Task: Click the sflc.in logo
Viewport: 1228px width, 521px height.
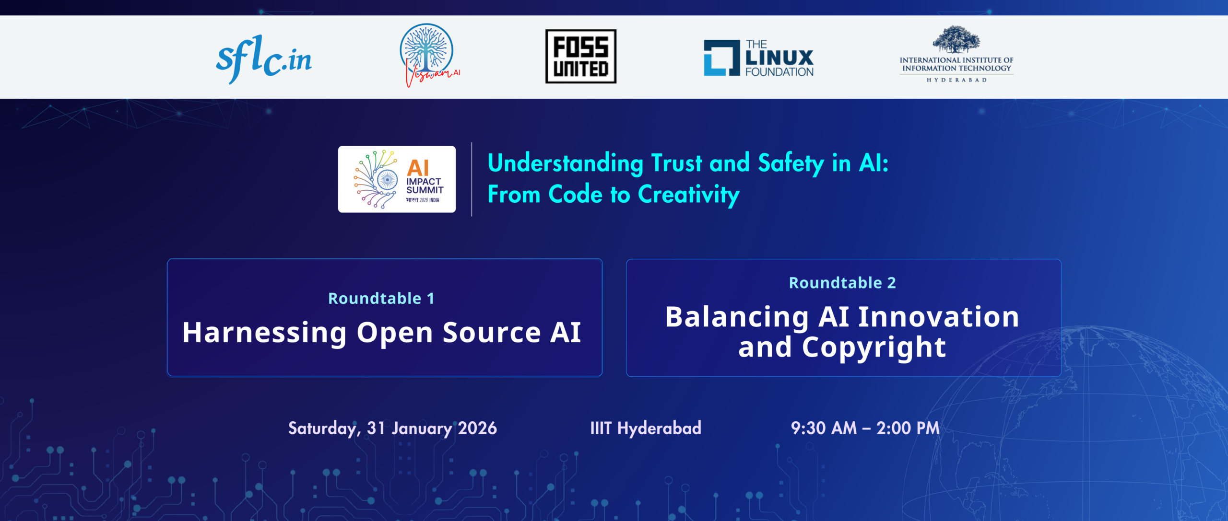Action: (x=264, y=58)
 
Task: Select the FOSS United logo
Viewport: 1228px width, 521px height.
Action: (x=580, y=57)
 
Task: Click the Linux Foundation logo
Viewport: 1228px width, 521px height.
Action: (x=758, y=58)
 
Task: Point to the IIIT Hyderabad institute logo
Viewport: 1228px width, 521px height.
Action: (x=956, y=54)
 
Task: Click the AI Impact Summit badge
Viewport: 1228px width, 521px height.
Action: (x=397, y=179)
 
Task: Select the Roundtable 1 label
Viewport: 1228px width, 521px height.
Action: (x=381, y=299)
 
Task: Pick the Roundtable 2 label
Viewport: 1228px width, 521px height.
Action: (x=842, y=283)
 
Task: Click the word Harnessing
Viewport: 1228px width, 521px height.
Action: (x=264, y=333)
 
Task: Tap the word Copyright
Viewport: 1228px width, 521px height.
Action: (x=874, y=347)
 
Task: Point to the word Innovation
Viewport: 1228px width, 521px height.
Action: (x=938, y=317)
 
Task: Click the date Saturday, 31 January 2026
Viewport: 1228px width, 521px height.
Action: (x=392, y=428)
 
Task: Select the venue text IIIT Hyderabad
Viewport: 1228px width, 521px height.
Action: (x=646, y=428)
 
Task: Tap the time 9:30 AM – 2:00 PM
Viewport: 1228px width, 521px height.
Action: (x=865, y=428)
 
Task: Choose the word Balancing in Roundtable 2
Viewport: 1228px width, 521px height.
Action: (x=737, y=317)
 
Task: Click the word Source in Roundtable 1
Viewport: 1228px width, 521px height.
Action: (x=492, y=333)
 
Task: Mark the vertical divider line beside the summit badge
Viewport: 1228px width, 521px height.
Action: (x=472, y=179)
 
